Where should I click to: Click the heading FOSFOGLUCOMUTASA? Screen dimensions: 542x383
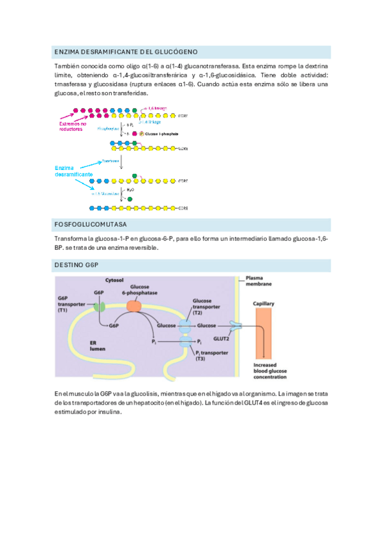coord(91,225)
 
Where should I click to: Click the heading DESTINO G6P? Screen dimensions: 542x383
coord(76,265)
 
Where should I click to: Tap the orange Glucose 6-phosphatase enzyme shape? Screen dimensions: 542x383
coord(134,306)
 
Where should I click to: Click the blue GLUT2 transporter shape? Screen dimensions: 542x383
coord(236,326)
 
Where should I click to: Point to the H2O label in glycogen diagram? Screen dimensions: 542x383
coord(130,189)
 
